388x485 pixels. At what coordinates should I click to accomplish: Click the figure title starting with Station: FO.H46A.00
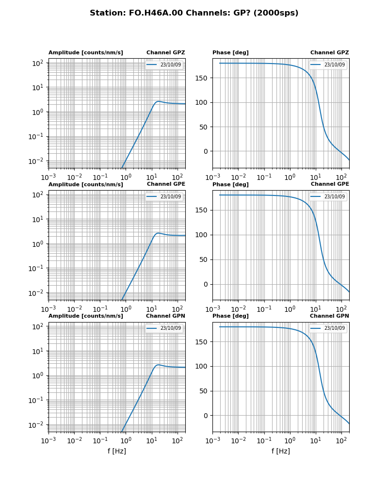coord(194,13)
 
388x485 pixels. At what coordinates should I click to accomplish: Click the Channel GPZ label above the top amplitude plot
coord(165,53)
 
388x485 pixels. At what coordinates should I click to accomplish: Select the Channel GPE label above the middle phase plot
coord(330,184)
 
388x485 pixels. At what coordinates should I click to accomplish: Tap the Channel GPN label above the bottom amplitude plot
coord(165,316)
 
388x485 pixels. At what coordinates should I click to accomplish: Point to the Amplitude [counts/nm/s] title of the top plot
coord(85,53)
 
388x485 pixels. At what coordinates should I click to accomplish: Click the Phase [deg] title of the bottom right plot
coord(230,316)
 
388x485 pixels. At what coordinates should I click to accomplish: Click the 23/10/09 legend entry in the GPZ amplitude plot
coord(170,65)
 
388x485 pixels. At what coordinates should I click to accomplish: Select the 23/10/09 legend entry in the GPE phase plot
coord(334,196)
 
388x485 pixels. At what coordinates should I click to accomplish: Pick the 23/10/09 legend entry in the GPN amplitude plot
coord(170,328)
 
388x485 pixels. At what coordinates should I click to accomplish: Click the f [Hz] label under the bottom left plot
coord(117,451)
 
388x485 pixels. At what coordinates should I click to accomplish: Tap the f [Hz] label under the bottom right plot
coord(281,451)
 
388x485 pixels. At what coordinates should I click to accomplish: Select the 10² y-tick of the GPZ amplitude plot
coord(38,63)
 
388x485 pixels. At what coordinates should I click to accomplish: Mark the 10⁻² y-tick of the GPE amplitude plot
coord(37,293)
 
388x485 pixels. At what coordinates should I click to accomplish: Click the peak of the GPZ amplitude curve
coord(159,101)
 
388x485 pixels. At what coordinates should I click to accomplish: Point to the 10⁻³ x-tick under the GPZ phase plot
coord(212,177)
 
